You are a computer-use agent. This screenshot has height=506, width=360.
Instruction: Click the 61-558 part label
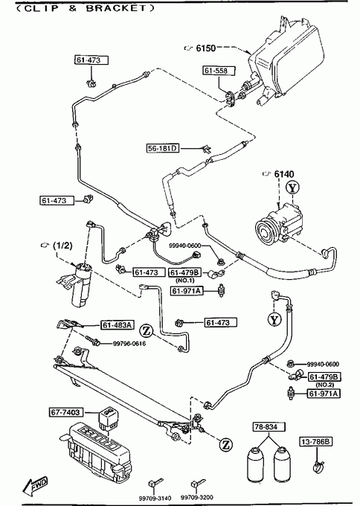coord(219,71)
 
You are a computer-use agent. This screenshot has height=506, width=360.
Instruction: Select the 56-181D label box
coord(163,148)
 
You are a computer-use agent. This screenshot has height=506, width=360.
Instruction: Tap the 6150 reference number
coord(206,48)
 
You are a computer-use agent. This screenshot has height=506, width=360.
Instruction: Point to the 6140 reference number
coord(284,174)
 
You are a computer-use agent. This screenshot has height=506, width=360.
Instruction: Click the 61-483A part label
coord(118,325)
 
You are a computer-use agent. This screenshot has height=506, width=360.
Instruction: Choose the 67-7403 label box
coord(65,412)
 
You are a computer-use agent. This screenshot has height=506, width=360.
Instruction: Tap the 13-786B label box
coord(316,441)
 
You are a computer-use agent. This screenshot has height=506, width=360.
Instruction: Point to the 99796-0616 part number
coord(129,343)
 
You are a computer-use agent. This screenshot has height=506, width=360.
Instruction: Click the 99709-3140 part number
coord(155,499)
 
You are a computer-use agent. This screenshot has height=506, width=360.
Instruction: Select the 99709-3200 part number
coord(197,498)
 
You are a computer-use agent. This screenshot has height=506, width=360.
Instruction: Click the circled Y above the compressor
coord(292,188)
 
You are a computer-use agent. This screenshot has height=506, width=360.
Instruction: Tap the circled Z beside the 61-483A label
coord(146,330)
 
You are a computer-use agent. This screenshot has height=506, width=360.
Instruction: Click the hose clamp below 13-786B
coord(318,467)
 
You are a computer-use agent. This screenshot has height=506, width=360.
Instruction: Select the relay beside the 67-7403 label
coord(107,418)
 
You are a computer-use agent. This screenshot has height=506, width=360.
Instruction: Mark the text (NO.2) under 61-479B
coord(324,385)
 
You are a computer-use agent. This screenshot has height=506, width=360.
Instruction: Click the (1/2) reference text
coord(62,246)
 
